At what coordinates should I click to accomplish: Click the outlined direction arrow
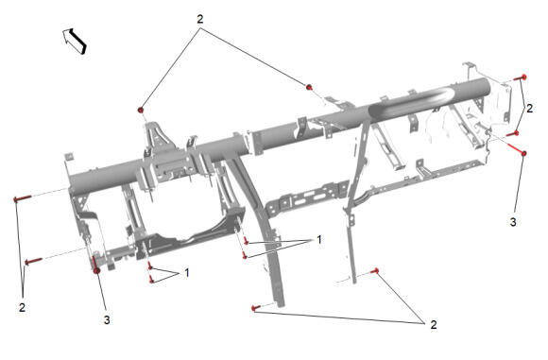click(75, 41)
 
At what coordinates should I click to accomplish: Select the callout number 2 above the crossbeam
click(200, 19)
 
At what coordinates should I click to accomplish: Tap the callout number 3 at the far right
click(513, 222)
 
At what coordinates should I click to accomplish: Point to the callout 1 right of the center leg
click(318, 240)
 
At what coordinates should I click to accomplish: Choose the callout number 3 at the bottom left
click(107, 319)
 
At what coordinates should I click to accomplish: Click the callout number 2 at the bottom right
click(434, 325)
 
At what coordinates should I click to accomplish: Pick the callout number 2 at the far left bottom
click(22, 308)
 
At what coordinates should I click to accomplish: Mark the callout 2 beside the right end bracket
click(529, 109)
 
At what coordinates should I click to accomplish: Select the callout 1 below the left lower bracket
click(187, 273)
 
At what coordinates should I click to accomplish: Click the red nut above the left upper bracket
click(141, 111)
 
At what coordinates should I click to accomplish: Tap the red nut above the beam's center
click(309, 87)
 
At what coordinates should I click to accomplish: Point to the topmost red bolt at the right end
click(521, 77)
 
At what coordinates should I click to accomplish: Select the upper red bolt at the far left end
click(23, 198)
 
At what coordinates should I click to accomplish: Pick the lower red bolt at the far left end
click(33, 261)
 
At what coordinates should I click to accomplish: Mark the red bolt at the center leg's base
click(256, 308)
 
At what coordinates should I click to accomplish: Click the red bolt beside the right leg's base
click(376, 271)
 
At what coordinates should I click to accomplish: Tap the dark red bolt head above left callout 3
click(97, 270)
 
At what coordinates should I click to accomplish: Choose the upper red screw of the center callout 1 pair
click(246, 241)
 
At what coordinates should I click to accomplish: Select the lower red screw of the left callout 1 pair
click(151, 280)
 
